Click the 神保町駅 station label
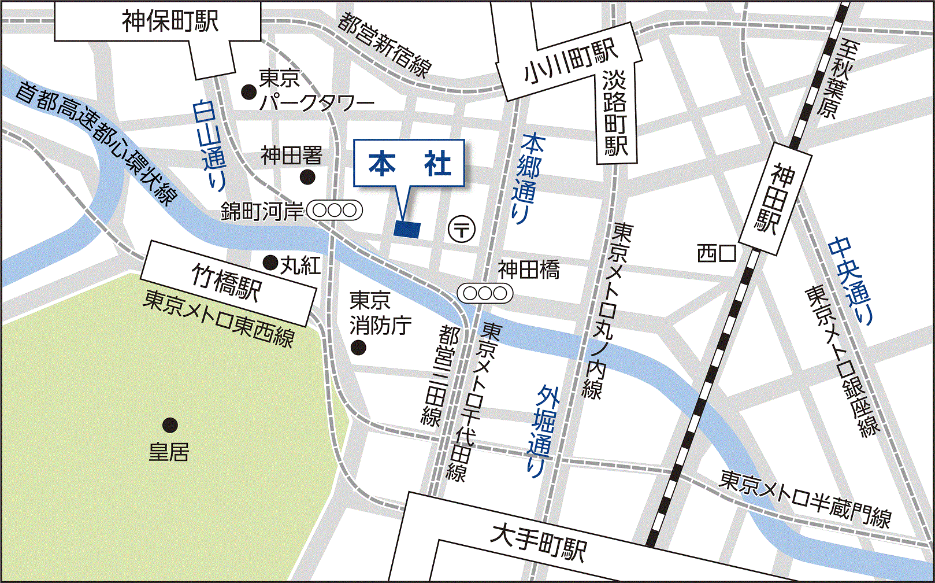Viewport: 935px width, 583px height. click(x=170, y=22)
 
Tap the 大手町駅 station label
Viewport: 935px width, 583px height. click(x=538, y=541)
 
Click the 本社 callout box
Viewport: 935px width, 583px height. click(x=409, y=164)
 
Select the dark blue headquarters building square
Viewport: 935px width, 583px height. click(x=407, y=229)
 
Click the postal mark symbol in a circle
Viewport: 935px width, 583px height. click(x=462, y=229)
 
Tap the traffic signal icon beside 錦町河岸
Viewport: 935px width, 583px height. click(x=335, y=211)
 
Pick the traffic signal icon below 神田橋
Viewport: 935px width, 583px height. click(x=485, y=294)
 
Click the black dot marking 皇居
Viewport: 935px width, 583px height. click(x=169, y=426)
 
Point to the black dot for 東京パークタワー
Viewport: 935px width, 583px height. click(x=248, y=91)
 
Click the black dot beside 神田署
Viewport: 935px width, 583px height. click(x=308, y=177)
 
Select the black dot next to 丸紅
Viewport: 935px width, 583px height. click(x=270, y=263)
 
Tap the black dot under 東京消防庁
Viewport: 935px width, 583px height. click(x=358, y=348)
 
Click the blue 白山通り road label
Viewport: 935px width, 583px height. click(x=209, y=145)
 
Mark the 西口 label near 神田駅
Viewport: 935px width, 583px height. click(x=716, y=253)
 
